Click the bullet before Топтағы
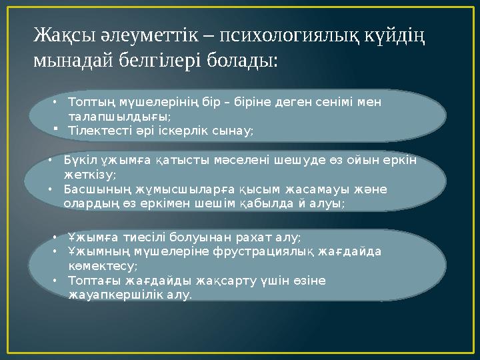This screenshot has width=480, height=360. [x=57, y=280]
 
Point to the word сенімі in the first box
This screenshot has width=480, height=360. [x=332, y=102]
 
